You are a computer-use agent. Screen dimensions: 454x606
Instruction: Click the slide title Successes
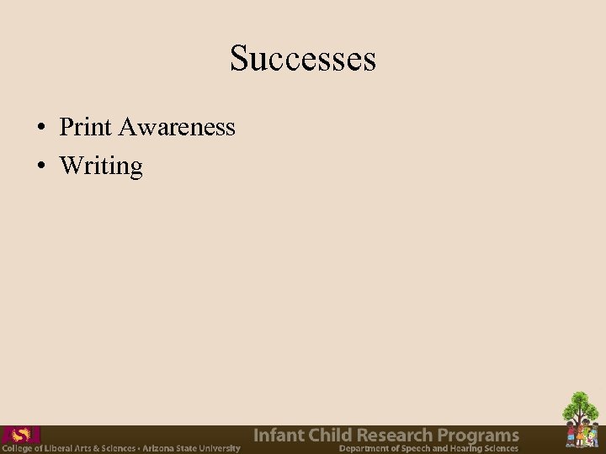(x=303, y=59)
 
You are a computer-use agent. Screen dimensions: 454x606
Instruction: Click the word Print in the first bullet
(x=86, y=127)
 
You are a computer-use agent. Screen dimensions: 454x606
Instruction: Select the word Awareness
(x=177, y=127)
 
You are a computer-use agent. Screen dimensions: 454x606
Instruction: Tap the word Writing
(x=101, y=166)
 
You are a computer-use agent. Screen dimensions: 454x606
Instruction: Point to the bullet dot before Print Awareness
(x=40, y=129)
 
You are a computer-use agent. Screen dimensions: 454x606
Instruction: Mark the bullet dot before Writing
(x=40, y=166)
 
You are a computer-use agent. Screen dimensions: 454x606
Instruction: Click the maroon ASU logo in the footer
(x=20, y=435)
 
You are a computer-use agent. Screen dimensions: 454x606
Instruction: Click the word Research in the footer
(x=396, y=436)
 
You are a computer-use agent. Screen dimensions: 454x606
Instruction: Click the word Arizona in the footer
(x=160, y=448)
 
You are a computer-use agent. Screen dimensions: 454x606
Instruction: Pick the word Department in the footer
(x=364, y=448)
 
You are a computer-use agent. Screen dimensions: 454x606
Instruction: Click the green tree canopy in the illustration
(x=581, y=408)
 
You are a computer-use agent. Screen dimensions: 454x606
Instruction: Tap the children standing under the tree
(x=581, y=436)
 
